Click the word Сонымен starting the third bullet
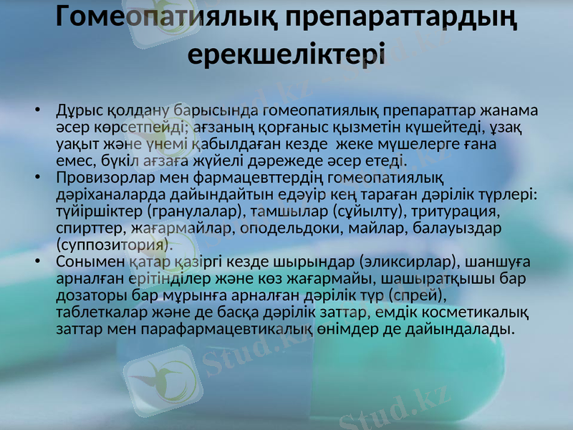[85, 261]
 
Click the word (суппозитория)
[115, 244]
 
